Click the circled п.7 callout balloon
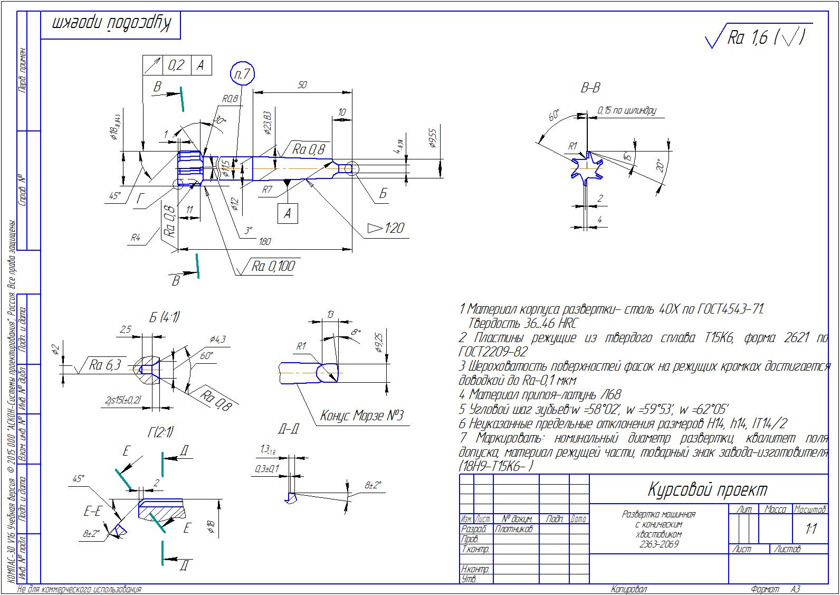click(x=243, y=74)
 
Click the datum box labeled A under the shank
click(x=288, y=213)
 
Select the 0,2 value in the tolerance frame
click(x=176, y=65)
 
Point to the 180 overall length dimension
click(x=265, y=241)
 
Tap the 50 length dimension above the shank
click(x=302, y=84)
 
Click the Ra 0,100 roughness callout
click(x=273, y=266)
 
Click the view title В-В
click(x=590, y=88)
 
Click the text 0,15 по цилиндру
click(x=626, y=110)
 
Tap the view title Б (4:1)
click(x=164, y=317)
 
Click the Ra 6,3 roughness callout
click(x=105, y=365)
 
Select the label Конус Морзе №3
click(x=362, y=416)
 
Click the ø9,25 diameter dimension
click(x=378, y=343)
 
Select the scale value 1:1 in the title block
click(x=810, y=528)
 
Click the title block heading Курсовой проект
click(x=707, y=489)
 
